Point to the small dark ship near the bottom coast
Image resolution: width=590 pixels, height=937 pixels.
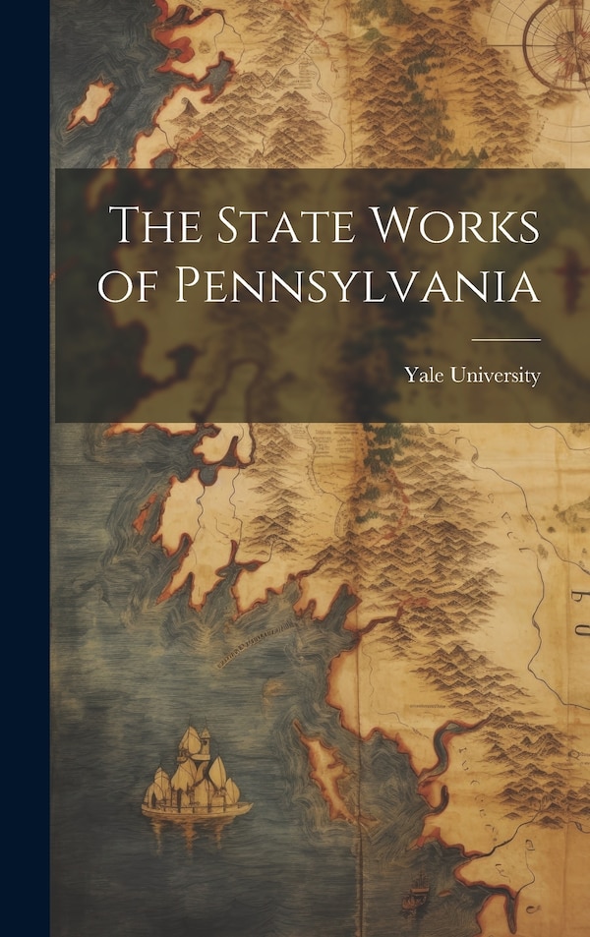tap(418, 898)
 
